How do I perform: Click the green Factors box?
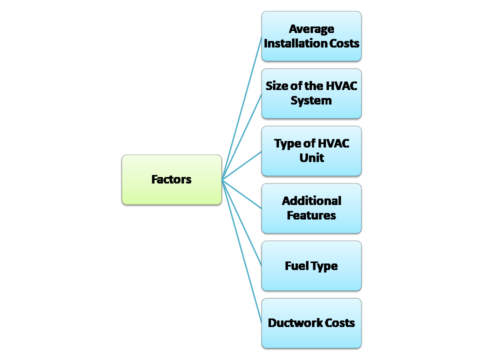click(x=171, y=179)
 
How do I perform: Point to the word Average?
click(x=311, y=29)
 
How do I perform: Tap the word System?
click(x=311, y=100)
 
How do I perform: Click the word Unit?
click(x=311, y=158)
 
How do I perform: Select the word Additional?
click(x=311, y=201)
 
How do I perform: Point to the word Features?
click(x=311, y=215)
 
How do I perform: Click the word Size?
click(x=276, y=86)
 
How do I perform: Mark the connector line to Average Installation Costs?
click(x=241, y=108)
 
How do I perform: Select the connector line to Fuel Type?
click(x=241, y=222)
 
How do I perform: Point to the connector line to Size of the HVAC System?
click(x=241, y=136)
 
